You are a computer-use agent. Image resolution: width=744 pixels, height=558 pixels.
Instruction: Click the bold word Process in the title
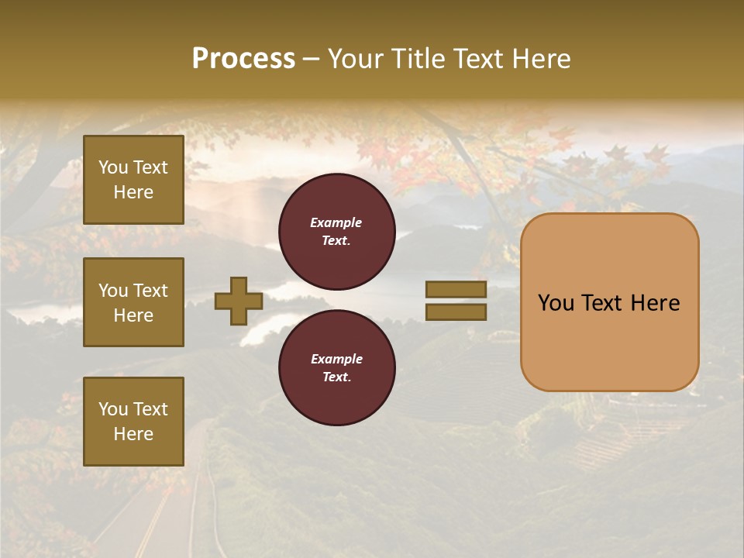point(243,58)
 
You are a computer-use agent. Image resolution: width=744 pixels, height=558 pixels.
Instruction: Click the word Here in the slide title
point(540,59)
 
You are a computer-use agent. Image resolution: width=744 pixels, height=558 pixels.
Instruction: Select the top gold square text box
point(133,180)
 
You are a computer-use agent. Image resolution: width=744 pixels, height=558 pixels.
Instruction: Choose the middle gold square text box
point(133,302)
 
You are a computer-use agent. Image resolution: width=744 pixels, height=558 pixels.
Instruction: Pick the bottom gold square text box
point(133,421)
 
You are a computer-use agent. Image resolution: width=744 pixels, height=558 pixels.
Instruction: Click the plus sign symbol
point(238,301)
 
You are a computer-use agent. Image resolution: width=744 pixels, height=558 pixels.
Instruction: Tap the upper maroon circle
point(337,232)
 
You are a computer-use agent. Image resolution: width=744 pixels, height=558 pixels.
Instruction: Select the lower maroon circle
point(337,368)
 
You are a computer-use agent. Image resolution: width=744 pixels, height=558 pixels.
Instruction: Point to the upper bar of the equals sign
point(456,289)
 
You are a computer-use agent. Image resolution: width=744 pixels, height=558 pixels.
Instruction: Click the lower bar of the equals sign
point(456,312)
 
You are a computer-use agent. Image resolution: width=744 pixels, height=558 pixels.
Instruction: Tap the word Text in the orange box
point(598,303)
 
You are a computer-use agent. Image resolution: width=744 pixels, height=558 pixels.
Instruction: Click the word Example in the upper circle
point(336,222)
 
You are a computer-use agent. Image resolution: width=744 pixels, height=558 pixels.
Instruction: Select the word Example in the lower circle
point(336,359)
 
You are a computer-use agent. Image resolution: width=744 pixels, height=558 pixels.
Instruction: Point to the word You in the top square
point(112,167)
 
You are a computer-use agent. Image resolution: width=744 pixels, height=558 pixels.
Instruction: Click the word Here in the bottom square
point(133,434)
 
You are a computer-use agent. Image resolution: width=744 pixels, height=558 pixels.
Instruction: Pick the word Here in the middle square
point(133,315)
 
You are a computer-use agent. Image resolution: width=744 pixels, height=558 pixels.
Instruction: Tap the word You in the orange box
point(556,303)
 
